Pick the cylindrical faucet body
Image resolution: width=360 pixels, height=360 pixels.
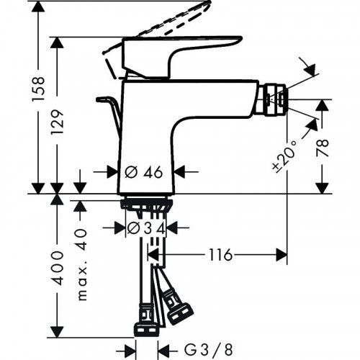click(147, 137)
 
